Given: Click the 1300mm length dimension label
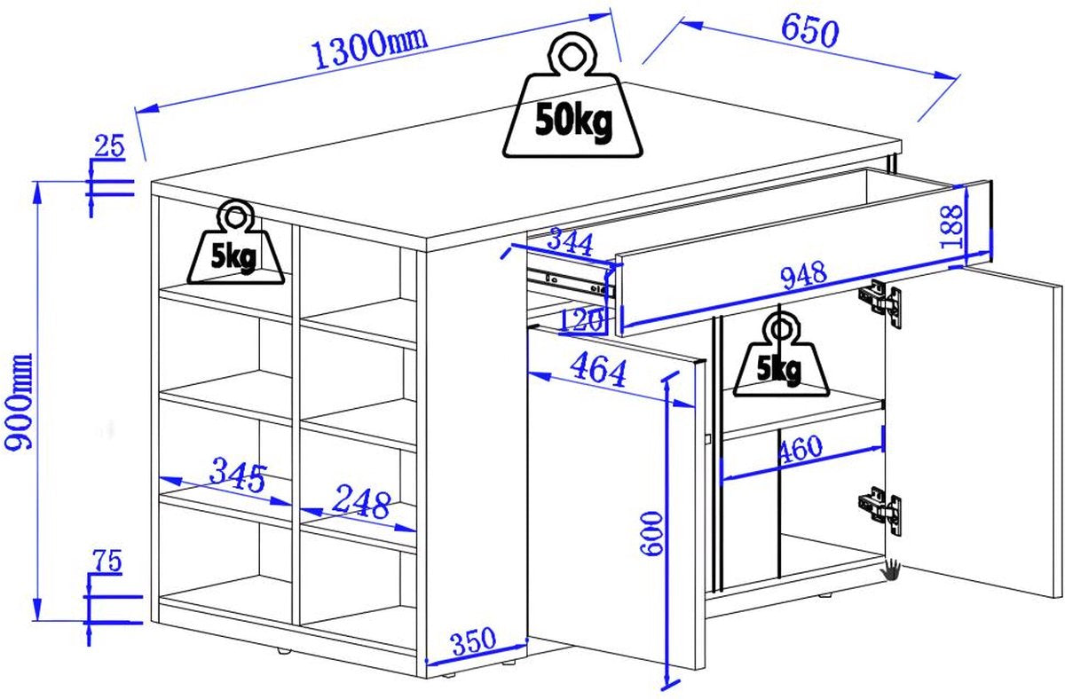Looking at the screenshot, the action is point(369,48).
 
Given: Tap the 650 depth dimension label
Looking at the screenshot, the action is point(810,32).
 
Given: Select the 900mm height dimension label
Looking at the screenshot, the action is point(18,402).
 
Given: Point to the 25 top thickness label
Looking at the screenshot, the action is point(109,145).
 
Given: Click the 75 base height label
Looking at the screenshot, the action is point(107,561).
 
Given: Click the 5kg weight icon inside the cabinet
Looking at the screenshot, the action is point(781,354).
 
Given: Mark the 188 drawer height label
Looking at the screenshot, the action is point(951,227).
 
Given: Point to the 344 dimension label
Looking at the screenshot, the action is point(570,242).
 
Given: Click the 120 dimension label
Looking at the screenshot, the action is point(581,320).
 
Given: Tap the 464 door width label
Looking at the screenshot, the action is point(598,371).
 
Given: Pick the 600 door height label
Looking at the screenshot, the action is point(651,533).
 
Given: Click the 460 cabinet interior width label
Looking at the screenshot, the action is point(800,449).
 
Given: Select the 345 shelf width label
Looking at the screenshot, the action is point(238,475).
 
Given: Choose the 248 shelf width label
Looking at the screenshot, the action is point(361,502).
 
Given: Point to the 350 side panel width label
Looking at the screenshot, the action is point(474,640).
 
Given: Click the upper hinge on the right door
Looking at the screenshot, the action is point(880,303).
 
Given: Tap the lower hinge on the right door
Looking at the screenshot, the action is point(880,511).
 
